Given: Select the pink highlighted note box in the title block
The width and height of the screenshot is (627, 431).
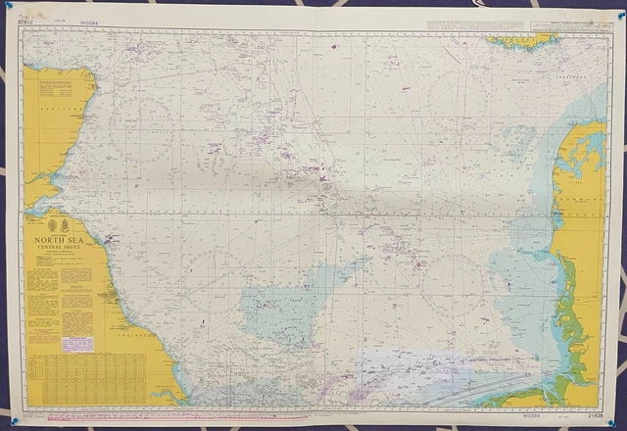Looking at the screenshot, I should [x=79, y=344].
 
